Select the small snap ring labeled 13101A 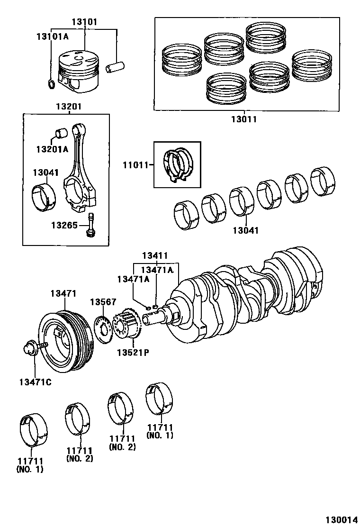click(x=51, y=84)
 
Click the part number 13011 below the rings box click(x=244, y=119)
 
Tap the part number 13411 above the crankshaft click(x=155, y=256)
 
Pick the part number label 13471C click(x=35, y=382)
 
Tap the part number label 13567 click(x=103, y=302)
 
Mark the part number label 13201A click(x=52, y=149)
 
